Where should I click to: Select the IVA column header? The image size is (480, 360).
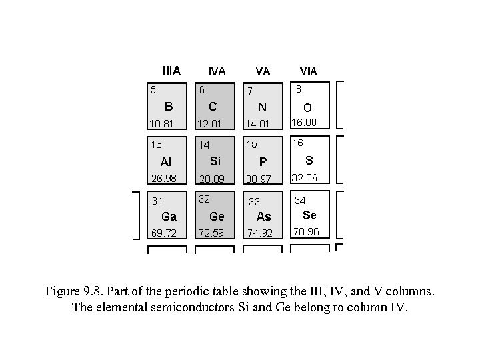click(x=217, y=71)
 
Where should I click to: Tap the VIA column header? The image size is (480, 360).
click(x=309, y=71)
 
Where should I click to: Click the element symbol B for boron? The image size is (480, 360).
click(x=169, y=106)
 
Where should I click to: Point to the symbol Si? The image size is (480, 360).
click(x=215, y=161)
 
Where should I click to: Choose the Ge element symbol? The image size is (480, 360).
click(x=217, y=216)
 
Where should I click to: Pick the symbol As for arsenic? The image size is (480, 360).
click(x=264, y=217)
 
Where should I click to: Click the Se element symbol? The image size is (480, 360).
click(x=309, y=215)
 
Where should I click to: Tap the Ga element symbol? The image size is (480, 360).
click(x=169, y=217)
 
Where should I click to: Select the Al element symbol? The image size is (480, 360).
click(x=167, y=161)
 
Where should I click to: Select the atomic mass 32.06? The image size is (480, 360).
click(x=305, y=177)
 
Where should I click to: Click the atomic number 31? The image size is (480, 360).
click(x=157, y=200)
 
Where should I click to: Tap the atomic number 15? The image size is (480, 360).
click(x=251, y=144)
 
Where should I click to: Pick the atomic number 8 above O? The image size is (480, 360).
click(x=299, y=88)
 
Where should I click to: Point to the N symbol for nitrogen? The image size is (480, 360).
click(x=263, y=107)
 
